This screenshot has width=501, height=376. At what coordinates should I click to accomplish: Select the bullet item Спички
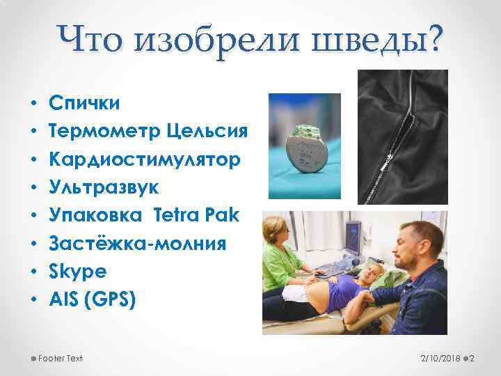(x=83, y=104)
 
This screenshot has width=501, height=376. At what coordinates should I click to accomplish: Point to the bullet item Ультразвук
(x=104, y=188)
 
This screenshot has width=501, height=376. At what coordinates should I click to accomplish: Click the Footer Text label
(x=61, y=358)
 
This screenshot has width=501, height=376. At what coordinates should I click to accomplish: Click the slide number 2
(x=471, y=358)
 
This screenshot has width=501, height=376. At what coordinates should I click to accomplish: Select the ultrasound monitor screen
(x=353, y=236)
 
